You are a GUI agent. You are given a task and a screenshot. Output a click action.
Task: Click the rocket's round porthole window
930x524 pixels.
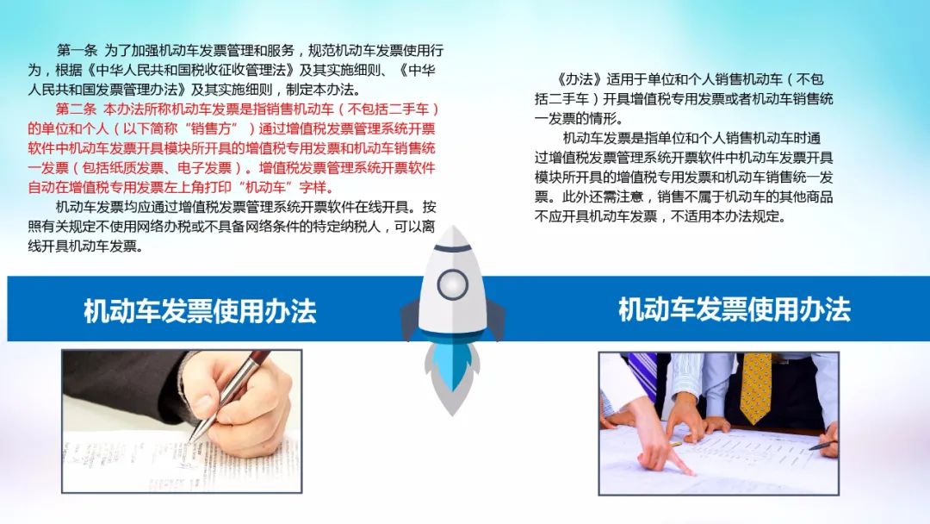click(453, 285)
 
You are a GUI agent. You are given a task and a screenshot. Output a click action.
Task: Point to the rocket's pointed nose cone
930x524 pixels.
click(453, 237)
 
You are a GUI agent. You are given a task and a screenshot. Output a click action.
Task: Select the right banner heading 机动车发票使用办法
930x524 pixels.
click(735, 309)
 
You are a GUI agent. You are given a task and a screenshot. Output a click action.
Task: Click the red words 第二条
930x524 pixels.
click(76, 109)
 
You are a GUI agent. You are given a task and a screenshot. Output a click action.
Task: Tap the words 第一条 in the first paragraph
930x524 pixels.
click(77, 51)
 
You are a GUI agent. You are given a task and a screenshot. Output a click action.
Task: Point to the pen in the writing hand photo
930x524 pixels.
click(226, 396)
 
